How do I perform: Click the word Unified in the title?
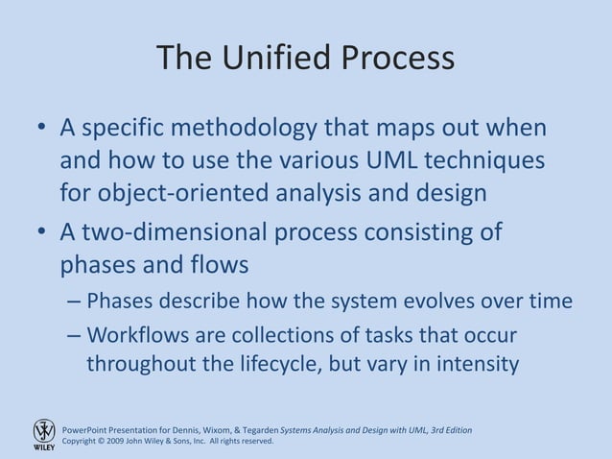click(274, 59)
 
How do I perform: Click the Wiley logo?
click(44, 434)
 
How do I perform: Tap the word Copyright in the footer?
click(82, 441)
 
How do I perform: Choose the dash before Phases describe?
click(75, 302)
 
